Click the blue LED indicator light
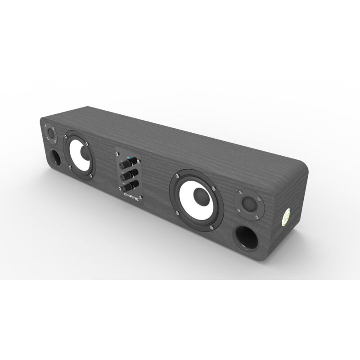tap(128, 157)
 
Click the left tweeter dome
tap(50, 134)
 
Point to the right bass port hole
tap(246, 238)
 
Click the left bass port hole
tap(55, 157)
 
